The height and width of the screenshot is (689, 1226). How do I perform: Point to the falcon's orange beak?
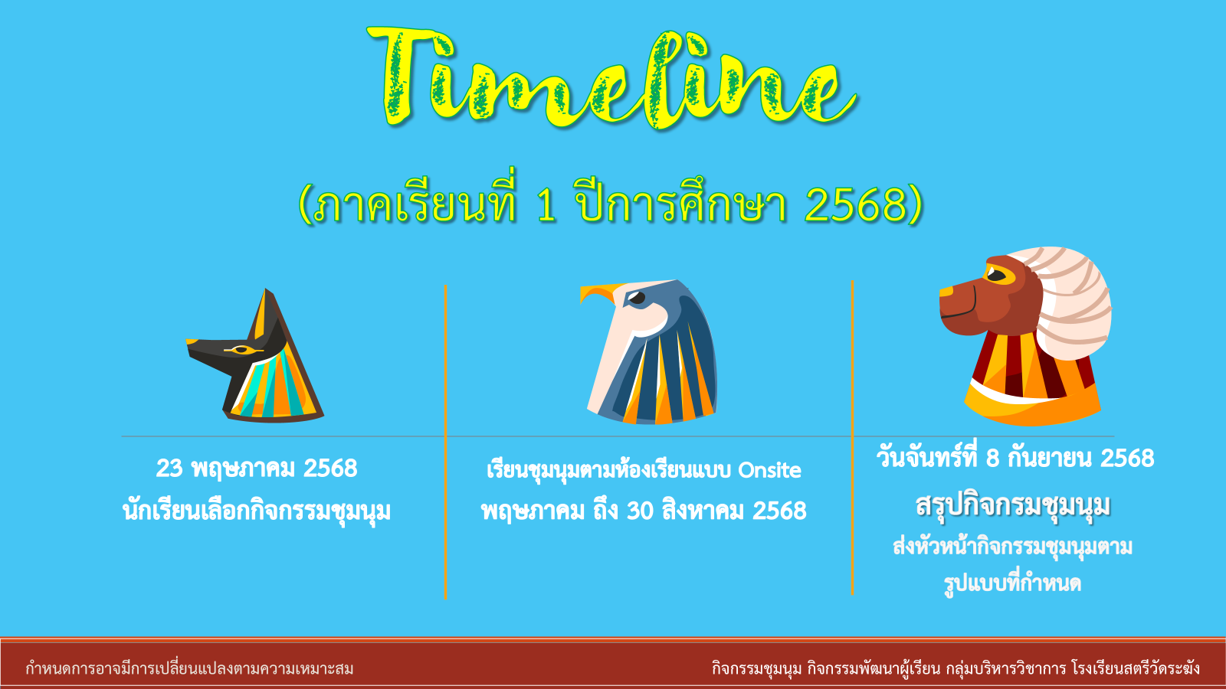[598, 292]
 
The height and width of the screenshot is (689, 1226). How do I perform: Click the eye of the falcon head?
[636, 298]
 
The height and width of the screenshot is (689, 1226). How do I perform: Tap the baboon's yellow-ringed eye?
[997, 275]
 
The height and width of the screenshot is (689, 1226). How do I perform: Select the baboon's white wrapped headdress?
[1067, 301]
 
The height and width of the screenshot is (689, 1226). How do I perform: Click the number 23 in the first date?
[169, 468]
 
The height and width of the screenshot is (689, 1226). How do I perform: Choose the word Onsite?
[769, 470]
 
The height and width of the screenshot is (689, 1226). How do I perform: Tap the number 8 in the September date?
[993, 459]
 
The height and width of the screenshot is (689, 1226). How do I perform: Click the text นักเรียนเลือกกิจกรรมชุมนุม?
[257, 511]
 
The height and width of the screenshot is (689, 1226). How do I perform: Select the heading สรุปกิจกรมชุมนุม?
[1013, 506]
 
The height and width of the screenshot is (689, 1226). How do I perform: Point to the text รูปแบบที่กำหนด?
[1012, 583]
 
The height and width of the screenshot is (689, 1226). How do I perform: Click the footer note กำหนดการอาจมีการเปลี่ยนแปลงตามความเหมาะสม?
[189, 668]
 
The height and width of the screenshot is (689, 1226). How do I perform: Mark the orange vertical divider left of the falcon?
[445, 442]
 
